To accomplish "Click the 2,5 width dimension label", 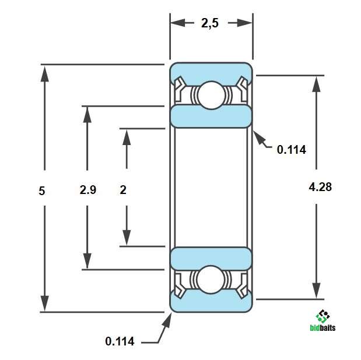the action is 210,23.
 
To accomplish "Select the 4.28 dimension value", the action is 320,187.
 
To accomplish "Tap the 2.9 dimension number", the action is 87,190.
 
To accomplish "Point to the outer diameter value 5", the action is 41,191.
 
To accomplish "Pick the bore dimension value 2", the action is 123,190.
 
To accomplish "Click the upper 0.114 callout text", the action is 292,150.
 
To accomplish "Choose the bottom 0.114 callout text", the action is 120,341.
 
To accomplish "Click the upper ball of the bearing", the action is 211,95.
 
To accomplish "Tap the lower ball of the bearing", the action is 211,280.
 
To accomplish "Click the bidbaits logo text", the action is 323,327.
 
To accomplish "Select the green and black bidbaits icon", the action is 323,316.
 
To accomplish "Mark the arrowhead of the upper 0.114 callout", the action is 259,137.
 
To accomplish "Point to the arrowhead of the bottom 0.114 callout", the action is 167,320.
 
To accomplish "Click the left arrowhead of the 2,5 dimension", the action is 178,23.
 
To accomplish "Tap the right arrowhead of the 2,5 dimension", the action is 244,23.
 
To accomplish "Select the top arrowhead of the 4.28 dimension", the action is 316,84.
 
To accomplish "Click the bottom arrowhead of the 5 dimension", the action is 45,303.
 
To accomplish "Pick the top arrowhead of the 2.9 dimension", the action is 87,115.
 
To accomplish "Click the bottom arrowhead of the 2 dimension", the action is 127,238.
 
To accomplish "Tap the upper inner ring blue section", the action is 211,116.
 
